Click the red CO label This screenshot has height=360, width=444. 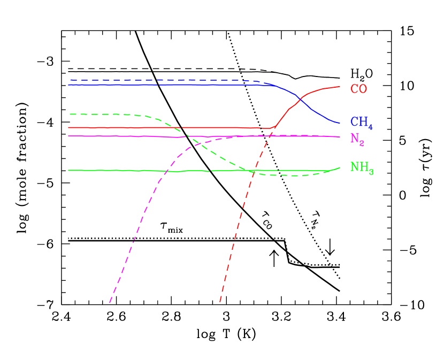tap(358, 89)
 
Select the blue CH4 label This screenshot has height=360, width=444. tap(361, 123)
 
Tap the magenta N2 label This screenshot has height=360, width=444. tap(357, 139)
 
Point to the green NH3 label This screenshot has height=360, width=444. tap(362, 167)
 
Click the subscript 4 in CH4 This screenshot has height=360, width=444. tap(370, 127)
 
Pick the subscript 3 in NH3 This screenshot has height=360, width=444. tap(371, 171)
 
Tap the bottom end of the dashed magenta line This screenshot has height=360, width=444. tap(109, 303)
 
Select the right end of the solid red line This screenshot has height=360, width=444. tap(340, 87)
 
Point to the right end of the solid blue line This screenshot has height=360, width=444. tap(340, 124)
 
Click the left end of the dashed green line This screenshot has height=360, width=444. tap(69, 114)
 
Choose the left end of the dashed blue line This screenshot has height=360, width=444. tap(69, 80)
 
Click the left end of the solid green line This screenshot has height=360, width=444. tap(68, 170)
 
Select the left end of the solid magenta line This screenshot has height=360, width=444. tap(68, 136)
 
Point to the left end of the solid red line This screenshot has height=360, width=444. tap(68, 127)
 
